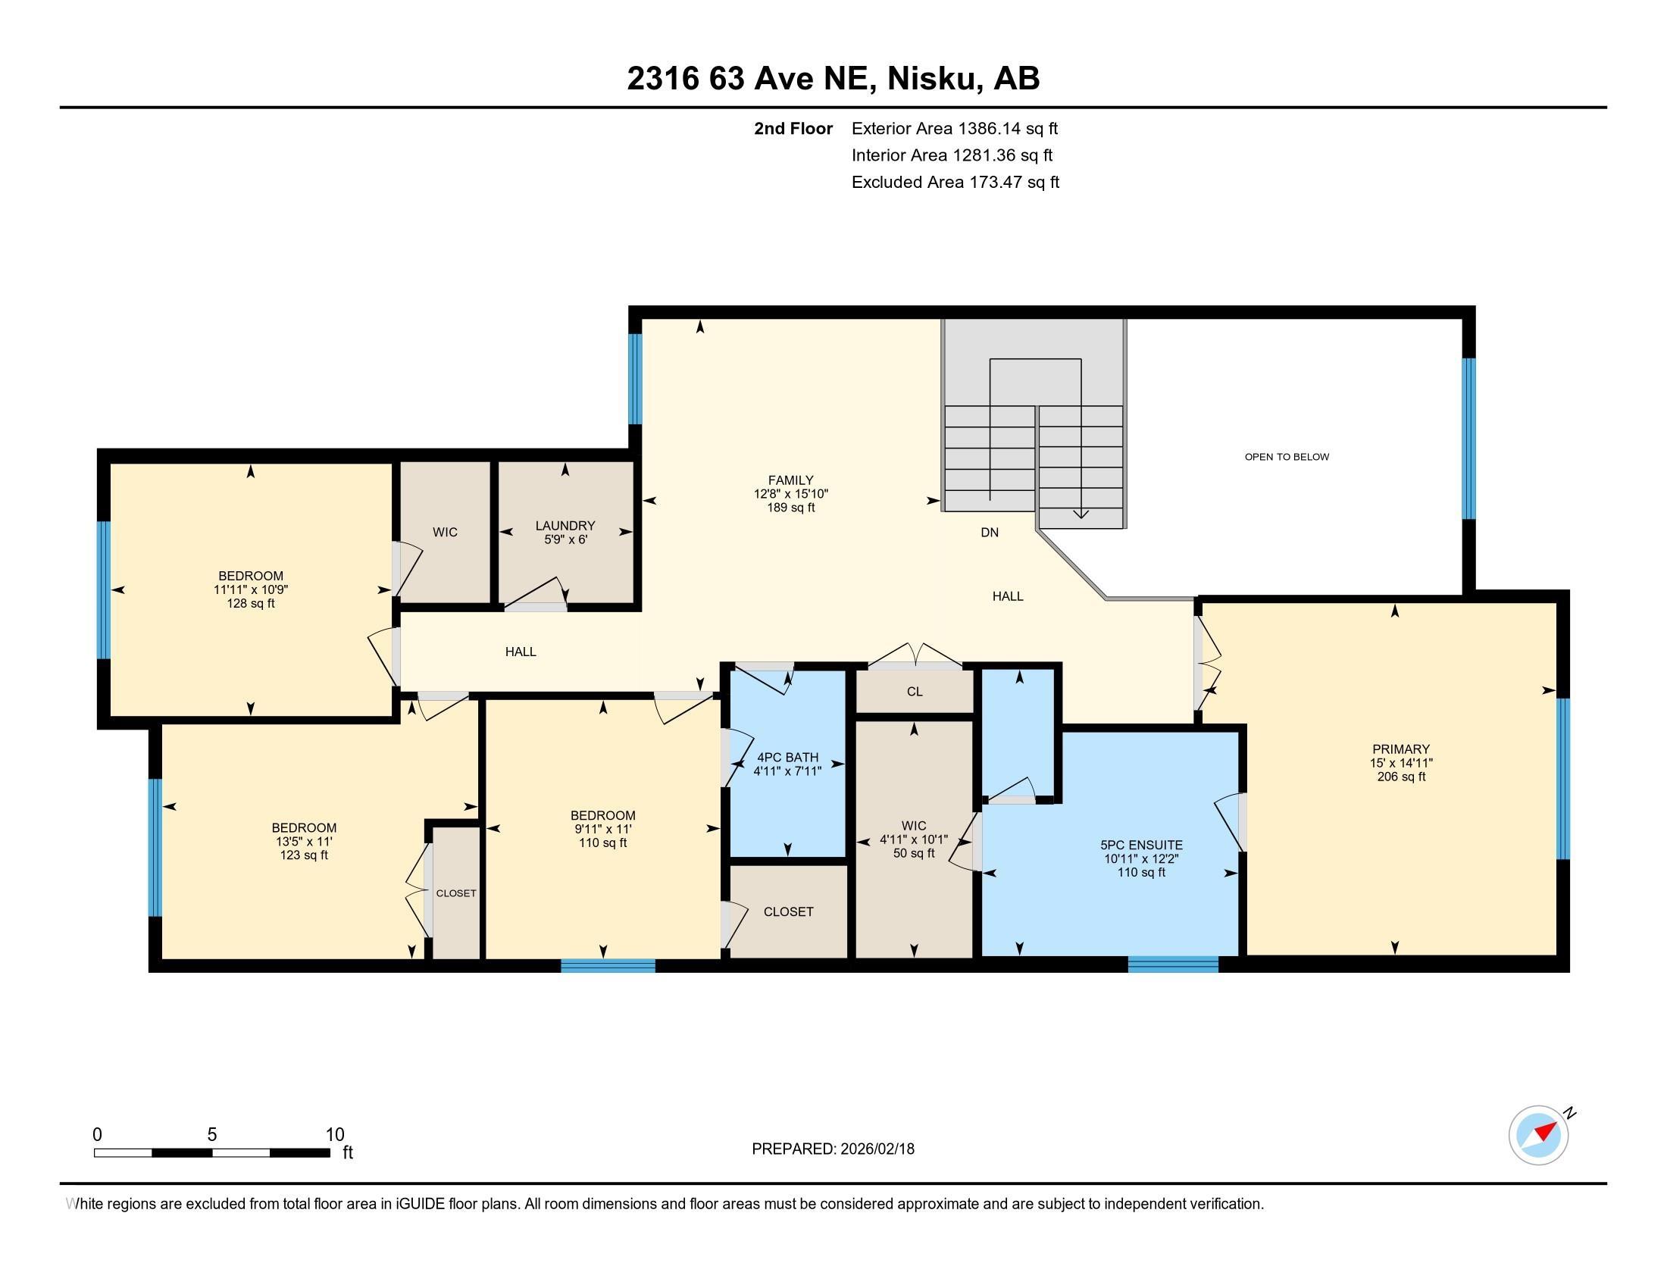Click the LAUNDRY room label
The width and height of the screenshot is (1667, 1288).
point(565,526)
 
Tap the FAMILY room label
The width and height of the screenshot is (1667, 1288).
point(791,480)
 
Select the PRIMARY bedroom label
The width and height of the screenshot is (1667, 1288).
point(1400,749)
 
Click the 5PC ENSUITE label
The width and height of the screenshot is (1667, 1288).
point(1141,845)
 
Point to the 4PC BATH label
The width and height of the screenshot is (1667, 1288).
point(787,758)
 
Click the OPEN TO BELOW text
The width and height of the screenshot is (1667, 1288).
point(1287,457)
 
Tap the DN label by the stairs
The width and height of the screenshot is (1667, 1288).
point(989,533)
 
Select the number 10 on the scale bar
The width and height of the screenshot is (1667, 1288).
point(334,1135)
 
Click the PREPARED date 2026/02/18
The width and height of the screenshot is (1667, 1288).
point(876,1149)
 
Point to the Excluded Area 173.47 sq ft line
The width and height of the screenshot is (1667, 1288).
point(955,183)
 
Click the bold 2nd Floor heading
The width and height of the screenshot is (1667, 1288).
point(793,129)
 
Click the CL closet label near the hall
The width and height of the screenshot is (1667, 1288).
point(915,691)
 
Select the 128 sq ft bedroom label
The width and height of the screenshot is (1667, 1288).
point(250,604)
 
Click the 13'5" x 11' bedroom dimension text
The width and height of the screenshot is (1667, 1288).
point(304,842)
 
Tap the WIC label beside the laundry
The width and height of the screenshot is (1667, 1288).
point(445,532)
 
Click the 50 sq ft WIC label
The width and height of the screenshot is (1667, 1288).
point(914,853)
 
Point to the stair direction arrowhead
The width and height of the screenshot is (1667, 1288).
point(1081,514)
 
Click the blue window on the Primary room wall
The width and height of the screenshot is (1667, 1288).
point(1562,778)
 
